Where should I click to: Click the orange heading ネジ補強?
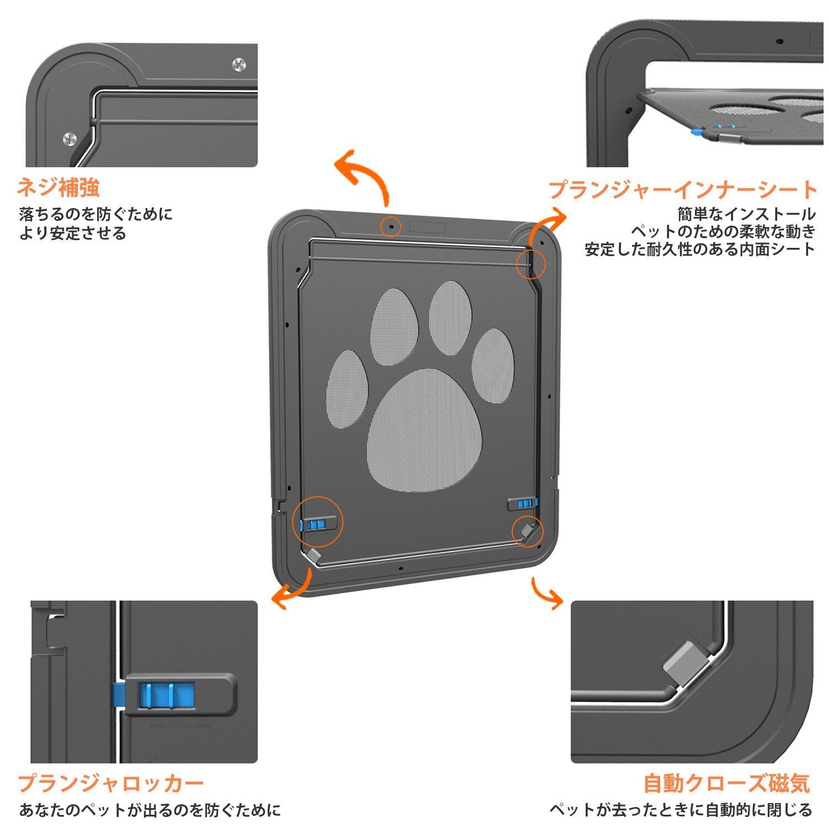[x=59, y=188]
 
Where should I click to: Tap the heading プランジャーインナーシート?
[x=682, y=189]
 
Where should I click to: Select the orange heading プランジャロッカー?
[x=111, y=783]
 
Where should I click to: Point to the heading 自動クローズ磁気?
[x=726, y=783]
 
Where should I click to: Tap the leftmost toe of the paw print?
[x=348, y=389]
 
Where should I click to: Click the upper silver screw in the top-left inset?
[x=239, y=64]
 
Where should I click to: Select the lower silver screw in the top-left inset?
[x=70, y=139]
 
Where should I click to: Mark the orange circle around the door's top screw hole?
[x=391, y=226]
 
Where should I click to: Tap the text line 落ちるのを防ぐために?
[x=95, y=214]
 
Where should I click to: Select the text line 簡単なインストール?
[x=746, y=214]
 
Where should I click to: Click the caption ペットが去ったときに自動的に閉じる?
[x=681, y=810]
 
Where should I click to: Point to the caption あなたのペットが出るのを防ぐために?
[x=150, y=810]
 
